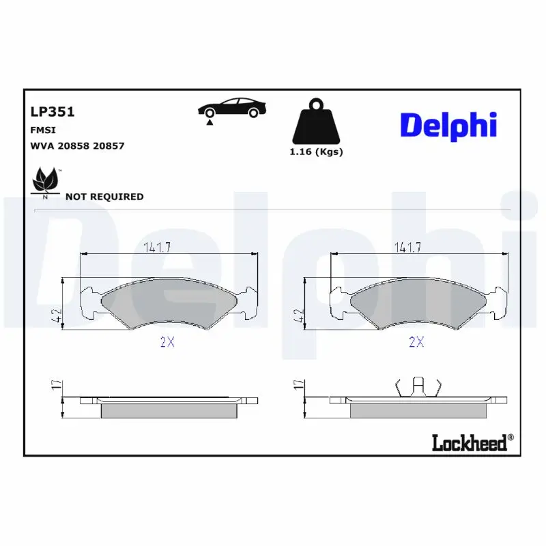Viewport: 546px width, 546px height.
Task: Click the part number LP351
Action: (x=52, y=112)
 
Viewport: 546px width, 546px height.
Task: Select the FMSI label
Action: (x=42, y=130)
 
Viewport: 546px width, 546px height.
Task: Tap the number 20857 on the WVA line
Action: (x=109, y=146)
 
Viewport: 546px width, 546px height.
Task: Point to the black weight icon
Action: (x=316, y=124)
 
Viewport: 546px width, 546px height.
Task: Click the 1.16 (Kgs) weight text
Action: (x=316, y=152)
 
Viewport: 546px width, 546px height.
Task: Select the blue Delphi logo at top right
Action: (x=448, y=125)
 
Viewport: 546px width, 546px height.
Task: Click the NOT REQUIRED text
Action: (x=104, y=197)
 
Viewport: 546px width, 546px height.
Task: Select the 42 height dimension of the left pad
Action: (x=57, y=316)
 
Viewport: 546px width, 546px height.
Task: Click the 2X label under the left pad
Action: (x=167, y=343)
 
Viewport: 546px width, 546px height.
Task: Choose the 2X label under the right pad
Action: (x=416, y=343)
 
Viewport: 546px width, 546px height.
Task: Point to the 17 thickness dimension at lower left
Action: (x=57, y=386)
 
